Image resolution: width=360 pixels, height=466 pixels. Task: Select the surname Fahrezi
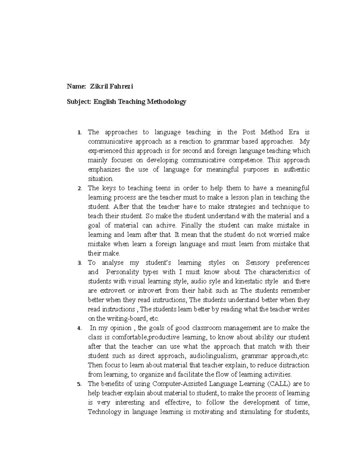pos(122,87)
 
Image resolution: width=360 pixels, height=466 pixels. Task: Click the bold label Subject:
pos(79,102)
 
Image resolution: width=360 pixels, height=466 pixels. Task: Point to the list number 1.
pos(79,133)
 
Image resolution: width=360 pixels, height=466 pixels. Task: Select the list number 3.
pos(79,263)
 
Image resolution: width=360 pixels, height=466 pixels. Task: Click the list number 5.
pos(79,384)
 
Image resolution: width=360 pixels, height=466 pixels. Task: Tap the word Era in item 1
pos(294,132)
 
